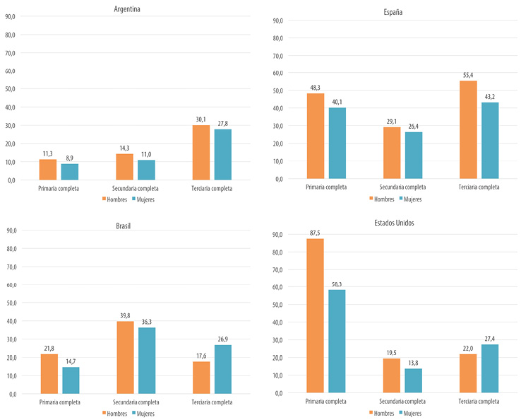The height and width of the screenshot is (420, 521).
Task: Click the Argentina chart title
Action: pos(131,8)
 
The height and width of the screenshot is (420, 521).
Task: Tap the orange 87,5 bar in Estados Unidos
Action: pos(315,315)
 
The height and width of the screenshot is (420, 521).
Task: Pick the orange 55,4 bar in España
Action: pos(468,129)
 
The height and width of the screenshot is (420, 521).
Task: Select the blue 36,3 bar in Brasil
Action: pos(147,361)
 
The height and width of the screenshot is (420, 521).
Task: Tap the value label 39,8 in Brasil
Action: pos(125,316)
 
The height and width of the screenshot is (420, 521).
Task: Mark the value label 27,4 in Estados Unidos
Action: pos(489,340)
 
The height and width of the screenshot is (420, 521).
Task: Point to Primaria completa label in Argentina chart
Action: pos(59,189)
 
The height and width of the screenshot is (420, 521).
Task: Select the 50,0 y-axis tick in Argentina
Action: pos(10,89)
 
